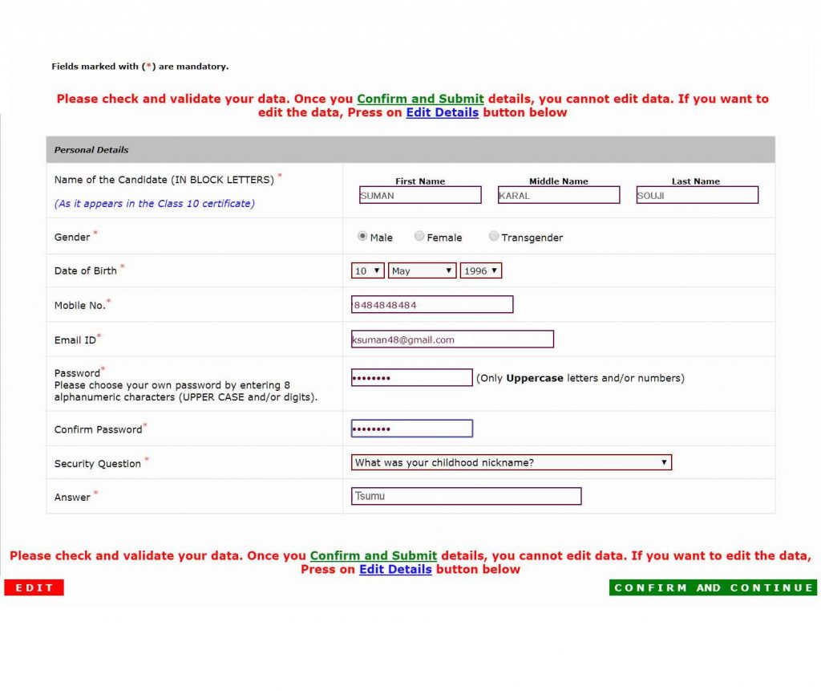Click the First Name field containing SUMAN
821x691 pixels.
point(420,195)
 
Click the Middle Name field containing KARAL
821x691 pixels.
point(559,195)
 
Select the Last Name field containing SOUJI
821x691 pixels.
point(697,195)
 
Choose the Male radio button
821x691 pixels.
point(362,237)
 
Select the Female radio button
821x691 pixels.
point(419,237)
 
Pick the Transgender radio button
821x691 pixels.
point(494,237)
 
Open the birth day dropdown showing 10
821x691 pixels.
point(368,271)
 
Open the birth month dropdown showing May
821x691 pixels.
point(423,271)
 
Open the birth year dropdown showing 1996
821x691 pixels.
point(481,271)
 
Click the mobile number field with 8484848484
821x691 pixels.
point(432,305)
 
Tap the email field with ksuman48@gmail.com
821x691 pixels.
point(452,339)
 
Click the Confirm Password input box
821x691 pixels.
point(412,429)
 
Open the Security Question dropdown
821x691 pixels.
point(512,462)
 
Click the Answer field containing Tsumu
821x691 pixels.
point(466,496)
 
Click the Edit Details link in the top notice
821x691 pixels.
point(442,113)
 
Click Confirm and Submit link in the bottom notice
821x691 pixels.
point(374,555)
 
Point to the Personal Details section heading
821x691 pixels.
point(91,150)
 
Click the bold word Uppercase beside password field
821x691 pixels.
point(535,378)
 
